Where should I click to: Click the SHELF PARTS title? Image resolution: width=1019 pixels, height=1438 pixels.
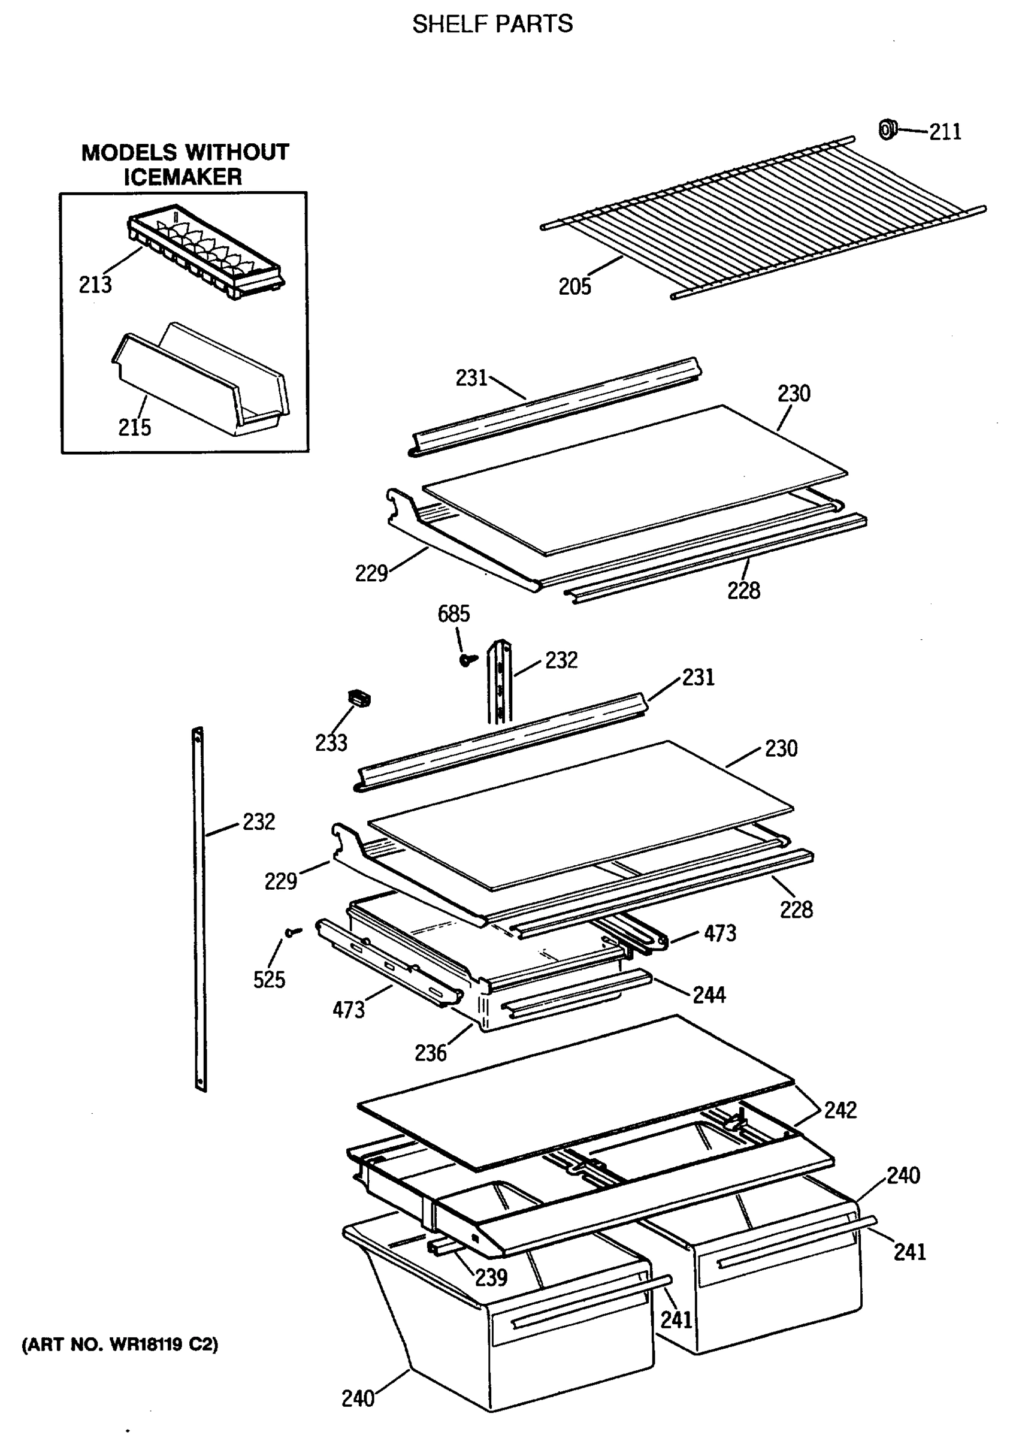click(x=492, y=24)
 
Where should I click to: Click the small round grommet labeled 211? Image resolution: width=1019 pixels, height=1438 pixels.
click(x=887, y=129)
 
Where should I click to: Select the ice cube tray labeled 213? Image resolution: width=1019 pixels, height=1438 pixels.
click(x=206, y=251)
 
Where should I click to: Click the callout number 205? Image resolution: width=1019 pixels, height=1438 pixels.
click(x=574, y=287)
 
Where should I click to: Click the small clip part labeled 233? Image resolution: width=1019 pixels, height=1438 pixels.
click(x=359, y=697)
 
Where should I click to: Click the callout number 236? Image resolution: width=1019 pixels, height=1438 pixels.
click(x=431, y=1053)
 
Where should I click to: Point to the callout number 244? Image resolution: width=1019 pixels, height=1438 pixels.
click(x=709, y=995)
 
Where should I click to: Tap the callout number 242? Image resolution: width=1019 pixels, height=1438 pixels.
click(x=839, y=1110)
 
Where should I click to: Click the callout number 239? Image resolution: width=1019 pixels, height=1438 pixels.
click(x=491, y=1277)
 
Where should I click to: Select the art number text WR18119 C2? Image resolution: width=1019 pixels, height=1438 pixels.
click(x=120, y=1345)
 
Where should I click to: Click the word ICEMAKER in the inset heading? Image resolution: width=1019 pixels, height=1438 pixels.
click(x=182, y=177)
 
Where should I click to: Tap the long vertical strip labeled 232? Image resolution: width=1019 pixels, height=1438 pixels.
click(x=199, y=910)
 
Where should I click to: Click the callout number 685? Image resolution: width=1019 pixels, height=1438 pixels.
click(x=453, y=614)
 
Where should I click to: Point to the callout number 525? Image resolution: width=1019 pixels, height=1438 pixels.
click(x=268, y=980)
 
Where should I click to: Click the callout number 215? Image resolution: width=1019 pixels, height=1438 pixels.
click(x=134, y=427)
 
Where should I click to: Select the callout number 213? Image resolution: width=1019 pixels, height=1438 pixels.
click(x=95, y=285)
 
